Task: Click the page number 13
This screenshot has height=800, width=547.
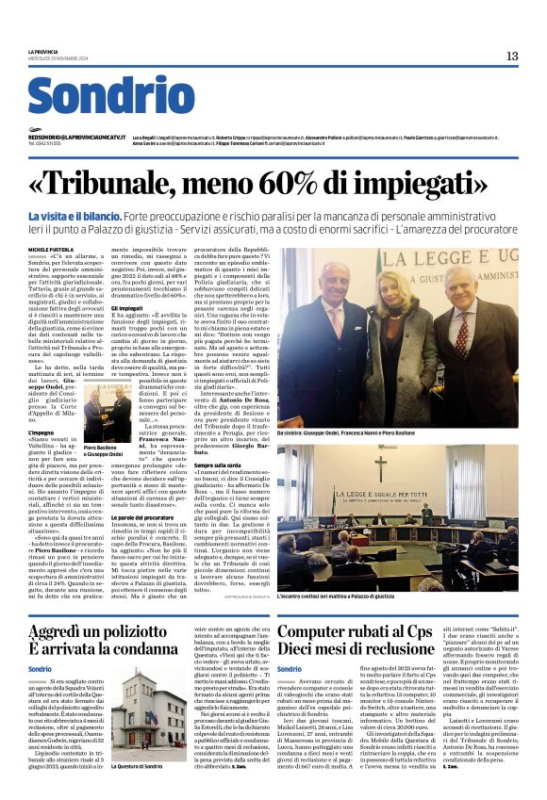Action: click(x=512, y=57)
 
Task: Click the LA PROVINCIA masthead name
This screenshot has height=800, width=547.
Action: click(x=43, y=52)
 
